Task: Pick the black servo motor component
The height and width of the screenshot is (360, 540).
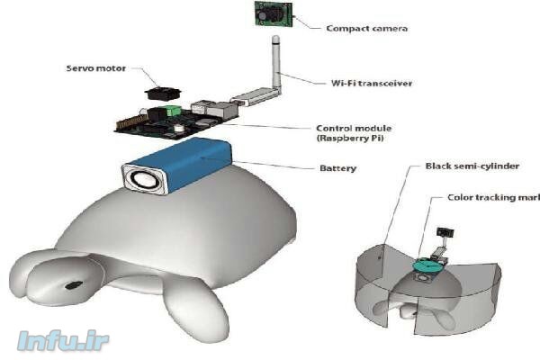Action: tap(164, 93)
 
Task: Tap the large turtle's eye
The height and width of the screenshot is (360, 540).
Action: tap(71, 285)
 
